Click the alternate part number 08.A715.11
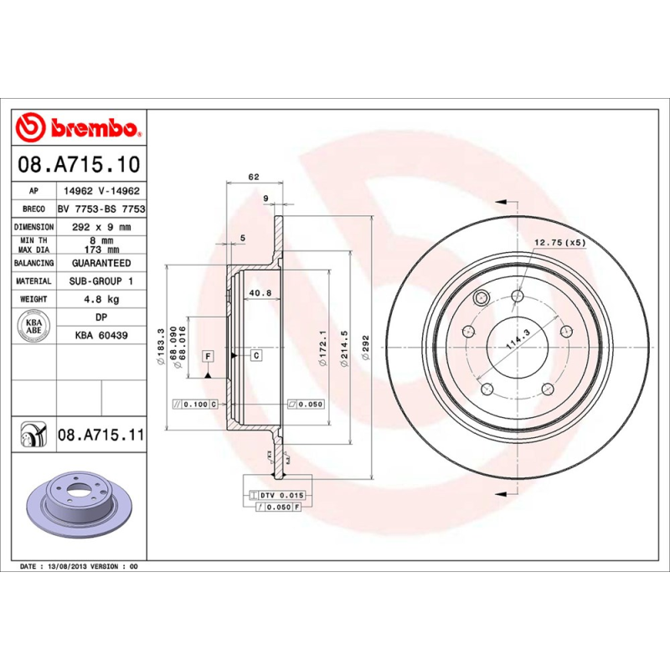(101, 435)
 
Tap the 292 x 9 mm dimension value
(100, 227)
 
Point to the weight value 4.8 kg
(100, 299)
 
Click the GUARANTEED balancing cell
(100, 263)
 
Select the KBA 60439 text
(100, 335)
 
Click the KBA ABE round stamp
(34, 325)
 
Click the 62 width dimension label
(254, 177)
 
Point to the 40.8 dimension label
(260, 293)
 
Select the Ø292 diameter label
(365, 347)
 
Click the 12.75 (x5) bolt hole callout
(560, 243)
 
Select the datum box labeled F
(207, 355)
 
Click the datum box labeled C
(256, 355)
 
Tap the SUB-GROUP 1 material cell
(100, 281)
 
